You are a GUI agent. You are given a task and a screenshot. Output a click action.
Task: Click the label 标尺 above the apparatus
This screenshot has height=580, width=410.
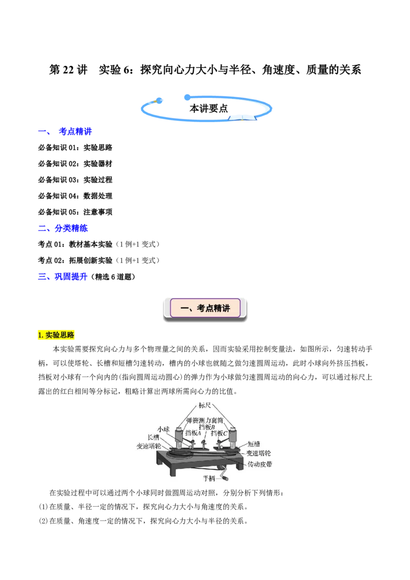click(204, 405)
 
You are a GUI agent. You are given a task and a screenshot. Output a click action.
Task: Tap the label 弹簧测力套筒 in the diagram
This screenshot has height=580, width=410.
click(204, 420)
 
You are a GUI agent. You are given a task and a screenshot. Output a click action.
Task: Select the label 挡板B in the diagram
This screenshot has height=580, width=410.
click(207, 427)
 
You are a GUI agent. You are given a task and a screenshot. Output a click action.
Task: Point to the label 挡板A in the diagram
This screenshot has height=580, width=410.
click(193, 433)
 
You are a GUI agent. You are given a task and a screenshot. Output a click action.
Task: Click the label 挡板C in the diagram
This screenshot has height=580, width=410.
click(219, 433)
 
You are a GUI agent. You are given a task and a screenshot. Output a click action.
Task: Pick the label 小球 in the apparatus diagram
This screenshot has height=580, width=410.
click(163, 429)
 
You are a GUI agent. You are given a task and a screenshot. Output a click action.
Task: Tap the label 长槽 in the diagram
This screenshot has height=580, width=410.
click(153, 438)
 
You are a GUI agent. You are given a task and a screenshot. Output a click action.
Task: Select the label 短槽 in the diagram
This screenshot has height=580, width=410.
click(254, 444)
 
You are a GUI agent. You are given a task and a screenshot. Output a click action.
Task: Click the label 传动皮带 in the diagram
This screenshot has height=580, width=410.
click(260, 464)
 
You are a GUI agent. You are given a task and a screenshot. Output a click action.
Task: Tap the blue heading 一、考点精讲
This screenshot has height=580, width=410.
click(65, 131)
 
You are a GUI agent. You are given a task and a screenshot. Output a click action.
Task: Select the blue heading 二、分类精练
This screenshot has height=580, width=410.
click(63, 228)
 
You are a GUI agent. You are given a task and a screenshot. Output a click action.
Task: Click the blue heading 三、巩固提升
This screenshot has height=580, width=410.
click(63, 276)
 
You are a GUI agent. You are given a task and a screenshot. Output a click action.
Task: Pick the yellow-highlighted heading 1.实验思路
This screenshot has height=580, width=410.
click(56, 335)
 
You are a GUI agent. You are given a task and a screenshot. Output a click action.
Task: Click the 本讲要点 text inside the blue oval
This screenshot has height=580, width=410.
click(209, 109)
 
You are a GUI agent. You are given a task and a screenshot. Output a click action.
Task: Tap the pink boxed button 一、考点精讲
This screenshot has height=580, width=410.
click(206, 308)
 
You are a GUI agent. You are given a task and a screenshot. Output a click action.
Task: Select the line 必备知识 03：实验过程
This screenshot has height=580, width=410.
click(75, 180)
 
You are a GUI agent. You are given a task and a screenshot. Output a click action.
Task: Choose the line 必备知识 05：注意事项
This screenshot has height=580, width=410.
click(75, 212)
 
